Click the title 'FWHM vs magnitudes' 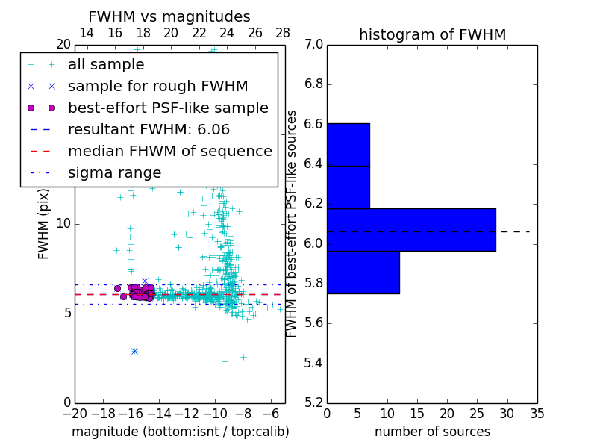[x=169, y=16]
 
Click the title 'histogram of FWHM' [x=432, y=34]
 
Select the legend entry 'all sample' [x=106, y=65]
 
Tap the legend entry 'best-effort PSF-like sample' [x=168, y=108]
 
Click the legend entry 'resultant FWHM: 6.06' [x=149, y=129]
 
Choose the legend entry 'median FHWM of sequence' [x=169, y=151]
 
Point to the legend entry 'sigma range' [x=114, y=172]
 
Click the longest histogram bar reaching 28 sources [x=411, y=229]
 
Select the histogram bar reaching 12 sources [x=363, y=272]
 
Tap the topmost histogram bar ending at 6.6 [x=348, y=144]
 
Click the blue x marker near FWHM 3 [x=134, y=350]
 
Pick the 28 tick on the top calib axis [x=283, y=33]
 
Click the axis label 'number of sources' [x=432, y=432]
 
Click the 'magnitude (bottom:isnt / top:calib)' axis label [x=180, y=432]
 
